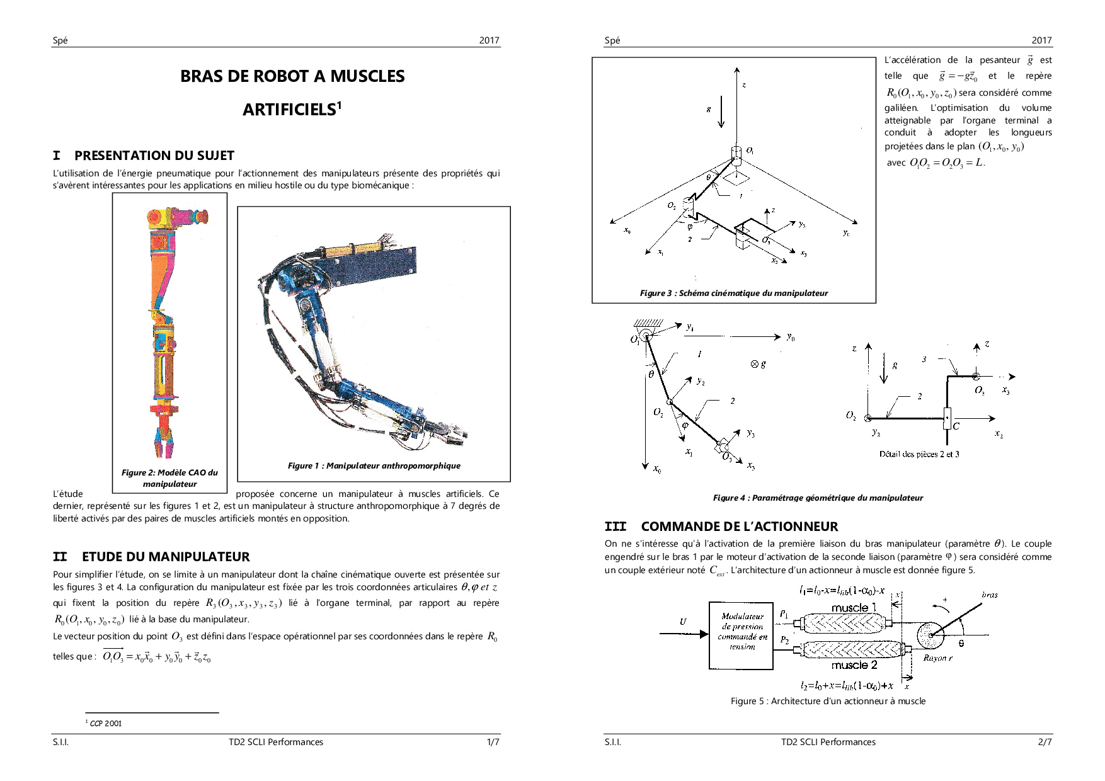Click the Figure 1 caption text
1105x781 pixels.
(374, 465)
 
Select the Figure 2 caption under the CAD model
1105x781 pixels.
(169, 478)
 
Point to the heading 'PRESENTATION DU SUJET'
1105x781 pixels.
(154, 156)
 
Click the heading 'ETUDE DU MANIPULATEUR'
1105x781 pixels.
(166, 557)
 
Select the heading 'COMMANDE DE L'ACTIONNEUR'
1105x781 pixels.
(739, 527)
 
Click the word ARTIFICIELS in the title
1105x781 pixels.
(289, 110)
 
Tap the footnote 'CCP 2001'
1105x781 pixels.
(106, 723)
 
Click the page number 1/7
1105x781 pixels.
(493, 742)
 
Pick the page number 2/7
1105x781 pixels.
(1045, 742)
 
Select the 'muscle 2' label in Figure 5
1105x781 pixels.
(854, 665)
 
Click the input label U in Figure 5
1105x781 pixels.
(683, 622)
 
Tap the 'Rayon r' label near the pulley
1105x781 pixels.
(937, 658)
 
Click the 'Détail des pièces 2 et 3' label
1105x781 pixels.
(919, 454)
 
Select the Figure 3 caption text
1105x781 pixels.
(733, 293)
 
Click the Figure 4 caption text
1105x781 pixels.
(817, 498)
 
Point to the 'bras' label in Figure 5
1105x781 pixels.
(990, 595)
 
